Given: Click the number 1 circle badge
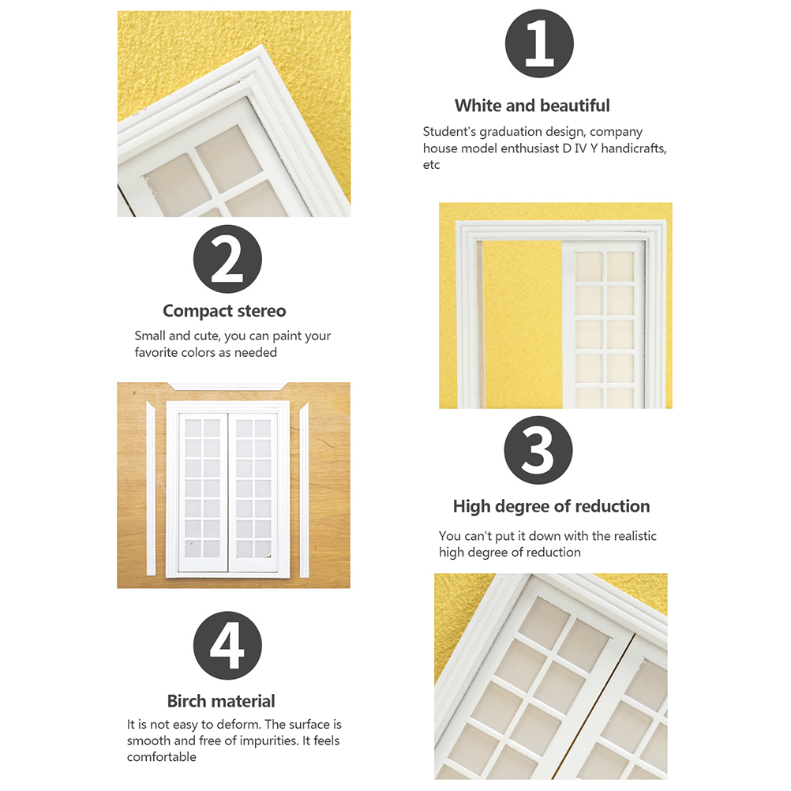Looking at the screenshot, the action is (539, 43).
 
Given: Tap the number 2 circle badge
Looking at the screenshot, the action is (227, 259).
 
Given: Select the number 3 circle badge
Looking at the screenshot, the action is (538, 450).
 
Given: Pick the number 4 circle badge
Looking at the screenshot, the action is (227, 645).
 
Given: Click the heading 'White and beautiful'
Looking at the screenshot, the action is (532, 106).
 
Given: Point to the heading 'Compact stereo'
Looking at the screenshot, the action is (224, 311).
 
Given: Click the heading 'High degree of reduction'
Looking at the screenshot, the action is (551, 506).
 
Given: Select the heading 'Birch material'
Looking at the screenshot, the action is (221, 701).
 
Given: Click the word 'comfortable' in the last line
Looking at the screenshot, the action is (161, 757).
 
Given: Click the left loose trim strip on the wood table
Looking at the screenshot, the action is (150, 489).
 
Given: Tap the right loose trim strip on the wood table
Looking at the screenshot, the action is (304, 490).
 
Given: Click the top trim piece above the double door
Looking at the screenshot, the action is (227, 386).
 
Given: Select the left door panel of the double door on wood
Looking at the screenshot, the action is (203, 493).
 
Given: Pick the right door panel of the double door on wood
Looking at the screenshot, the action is (253, 493).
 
